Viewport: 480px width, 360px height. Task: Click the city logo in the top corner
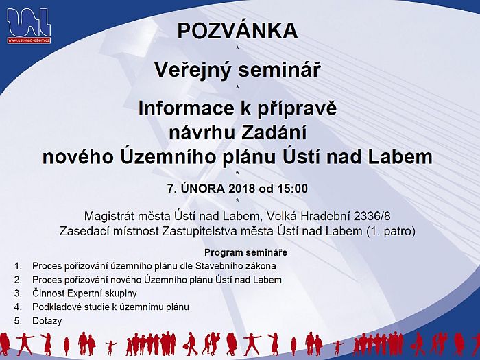pyautogui.click(x=29, y=26)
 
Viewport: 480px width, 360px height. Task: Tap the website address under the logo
pyautogui.click(x=29, y=40)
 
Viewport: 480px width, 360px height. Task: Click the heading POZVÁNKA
pyautogui.click(x=237, y=31)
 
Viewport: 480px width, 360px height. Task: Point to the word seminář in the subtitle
pyautogui.click(x=280, y=70)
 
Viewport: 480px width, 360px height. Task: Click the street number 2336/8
pyautogui.click(x=372, y=217)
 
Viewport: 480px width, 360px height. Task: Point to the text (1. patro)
pyautogui.click(x=391, y=231)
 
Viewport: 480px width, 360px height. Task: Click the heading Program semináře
pyautogui.click(x=245, y=252)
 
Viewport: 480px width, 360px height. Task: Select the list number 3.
pyautogui.click(x=18, y=293)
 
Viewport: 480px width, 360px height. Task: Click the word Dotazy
pyautogui.click(x=47, y=321)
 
